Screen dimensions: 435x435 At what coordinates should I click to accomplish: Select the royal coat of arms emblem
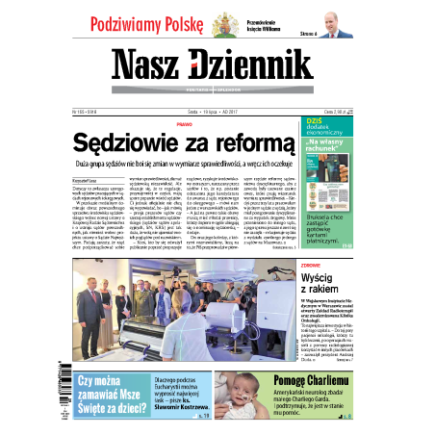click(x=227, y=22)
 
